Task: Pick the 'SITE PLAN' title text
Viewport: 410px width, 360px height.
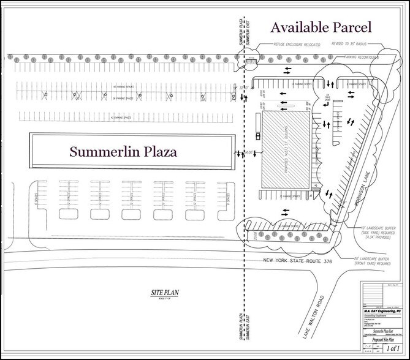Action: tap(162, 293)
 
